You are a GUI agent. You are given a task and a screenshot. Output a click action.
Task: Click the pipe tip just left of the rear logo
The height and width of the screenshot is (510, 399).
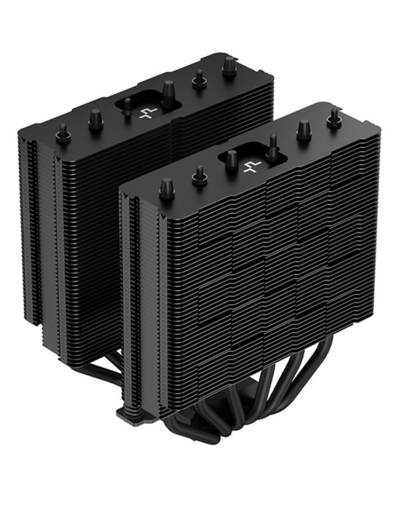[x=127, y=107]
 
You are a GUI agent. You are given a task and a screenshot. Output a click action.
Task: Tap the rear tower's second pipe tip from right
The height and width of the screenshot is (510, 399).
[x=199, y=78]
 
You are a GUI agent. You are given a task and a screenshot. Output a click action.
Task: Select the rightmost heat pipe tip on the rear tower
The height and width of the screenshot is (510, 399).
[x=229, y=66]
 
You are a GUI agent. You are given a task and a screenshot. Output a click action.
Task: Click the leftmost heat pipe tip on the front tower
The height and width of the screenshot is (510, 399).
[x=167, y=187]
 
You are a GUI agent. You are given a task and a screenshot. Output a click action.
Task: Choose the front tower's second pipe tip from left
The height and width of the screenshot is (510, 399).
[x=198, y=174]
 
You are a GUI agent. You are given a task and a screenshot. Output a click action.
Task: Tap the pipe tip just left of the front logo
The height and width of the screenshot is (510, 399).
[x=230, y=159]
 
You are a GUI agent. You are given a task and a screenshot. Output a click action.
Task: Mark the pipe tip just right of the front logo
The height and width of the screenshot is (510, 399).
[x=273, y=146]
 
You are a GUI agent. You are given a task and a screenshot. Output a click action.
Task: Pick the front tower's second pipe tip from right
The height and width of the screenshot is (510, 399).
[x=303, y=130]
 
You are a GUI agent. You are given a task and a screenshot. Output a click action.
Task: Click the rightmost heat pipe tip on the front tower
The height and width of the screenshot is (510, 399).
[x=335, y=117]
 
